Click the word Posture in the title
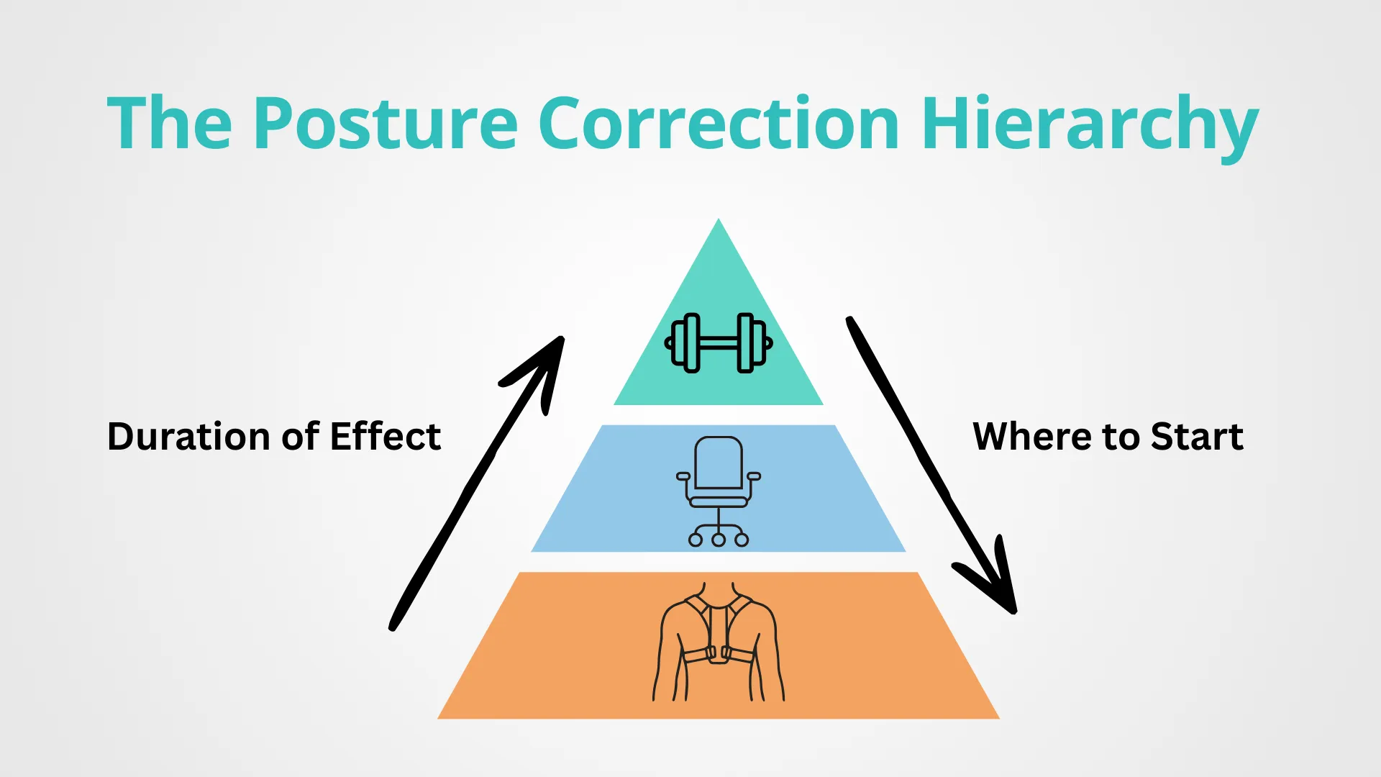point(385,124)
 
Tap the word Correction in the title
point(718,124)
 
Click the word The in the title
point(169,124)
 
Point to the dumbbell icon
point(719,343)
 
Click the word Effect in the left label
point(386,437)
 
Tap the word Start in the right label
point(1197,437)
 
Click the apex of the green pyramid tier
point(718,223)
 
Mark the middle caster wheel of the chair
point(719,540)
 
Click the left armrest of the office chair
point(683,476)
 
